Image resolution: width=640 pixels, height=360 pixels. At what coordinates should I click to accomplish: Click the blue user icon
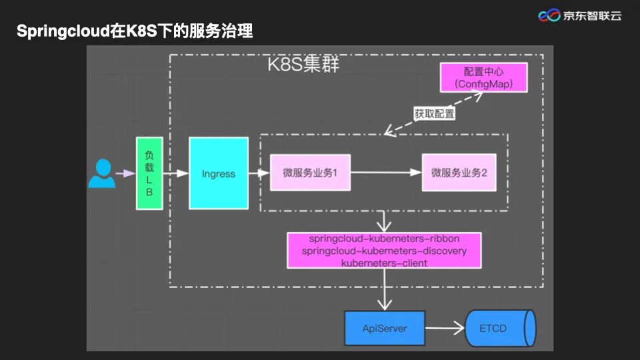pos(102,173)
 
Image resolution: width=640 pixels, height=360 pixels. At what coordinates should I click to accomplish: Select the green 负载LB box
pos(149,173)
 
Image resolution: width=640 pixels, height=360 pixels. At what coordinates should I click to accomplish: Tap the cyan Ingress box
pos(219,173)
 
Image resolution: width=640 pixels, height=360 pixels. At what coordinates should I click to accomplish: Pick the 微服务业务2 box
pos(459,173)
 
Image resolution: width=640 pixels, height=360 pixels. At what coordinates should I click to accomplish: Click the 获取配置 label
pos(435,113)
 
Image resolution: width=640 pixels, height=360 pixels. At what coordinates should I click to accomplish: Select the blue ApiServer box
pos(385,328)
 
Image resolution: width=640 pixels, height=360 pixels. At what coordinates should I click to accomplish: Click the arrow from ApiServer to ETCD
pos(445,328)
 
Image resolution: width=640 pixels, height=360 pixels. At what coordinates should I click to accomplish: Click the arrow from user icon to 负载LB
pos(125,173)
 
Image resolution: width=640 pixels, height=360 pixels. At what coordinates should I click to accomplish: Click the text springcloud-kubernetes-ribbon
pos(384,239)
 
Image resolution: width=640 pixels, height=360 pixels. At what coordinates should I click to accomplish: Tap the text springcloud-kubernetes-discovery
pos(384,251)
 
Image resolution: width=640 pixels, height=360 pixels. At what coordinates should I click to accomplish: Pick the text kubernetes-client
pos(384,263)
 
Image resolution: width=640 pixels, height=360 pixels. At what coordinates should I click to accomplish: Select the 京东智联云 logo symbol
pos(549,15)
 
